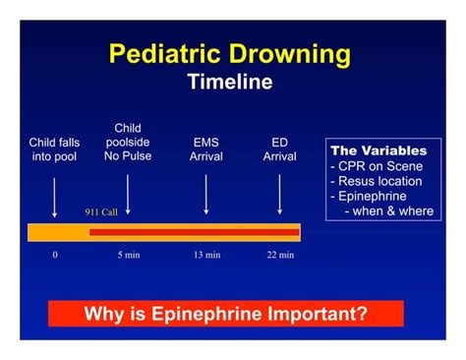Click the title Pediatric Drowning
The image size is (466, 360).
[x=230, y=53]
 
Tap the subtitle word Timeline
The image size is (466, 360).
[x=230, y=83]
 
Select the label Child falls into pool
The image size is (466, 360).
[x=55, y=149]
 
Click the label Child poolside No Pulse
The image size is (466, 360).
[x=128, y=142]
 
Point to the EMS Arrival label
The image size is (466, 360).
[x=205, y=149]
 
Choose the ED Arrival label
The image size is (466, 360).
[x=280, y=149]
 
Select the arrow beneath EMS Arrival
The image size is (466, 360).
[x=205, y=193]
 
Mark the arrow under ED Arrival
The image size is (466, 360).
[x=280, y=193]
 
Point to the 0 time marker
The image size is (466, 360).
[x=55, y=255]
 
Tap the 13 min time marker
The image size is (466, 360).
[x=206, y=255]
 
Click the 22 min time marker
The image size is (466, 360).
[x=280, y=255]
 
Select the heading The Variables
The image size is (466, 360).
[x=379, y=151]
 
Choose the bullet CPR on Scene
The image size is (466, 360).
[x=377, y=166]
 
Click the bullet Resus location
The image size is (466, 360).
[x=377, y=181]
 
